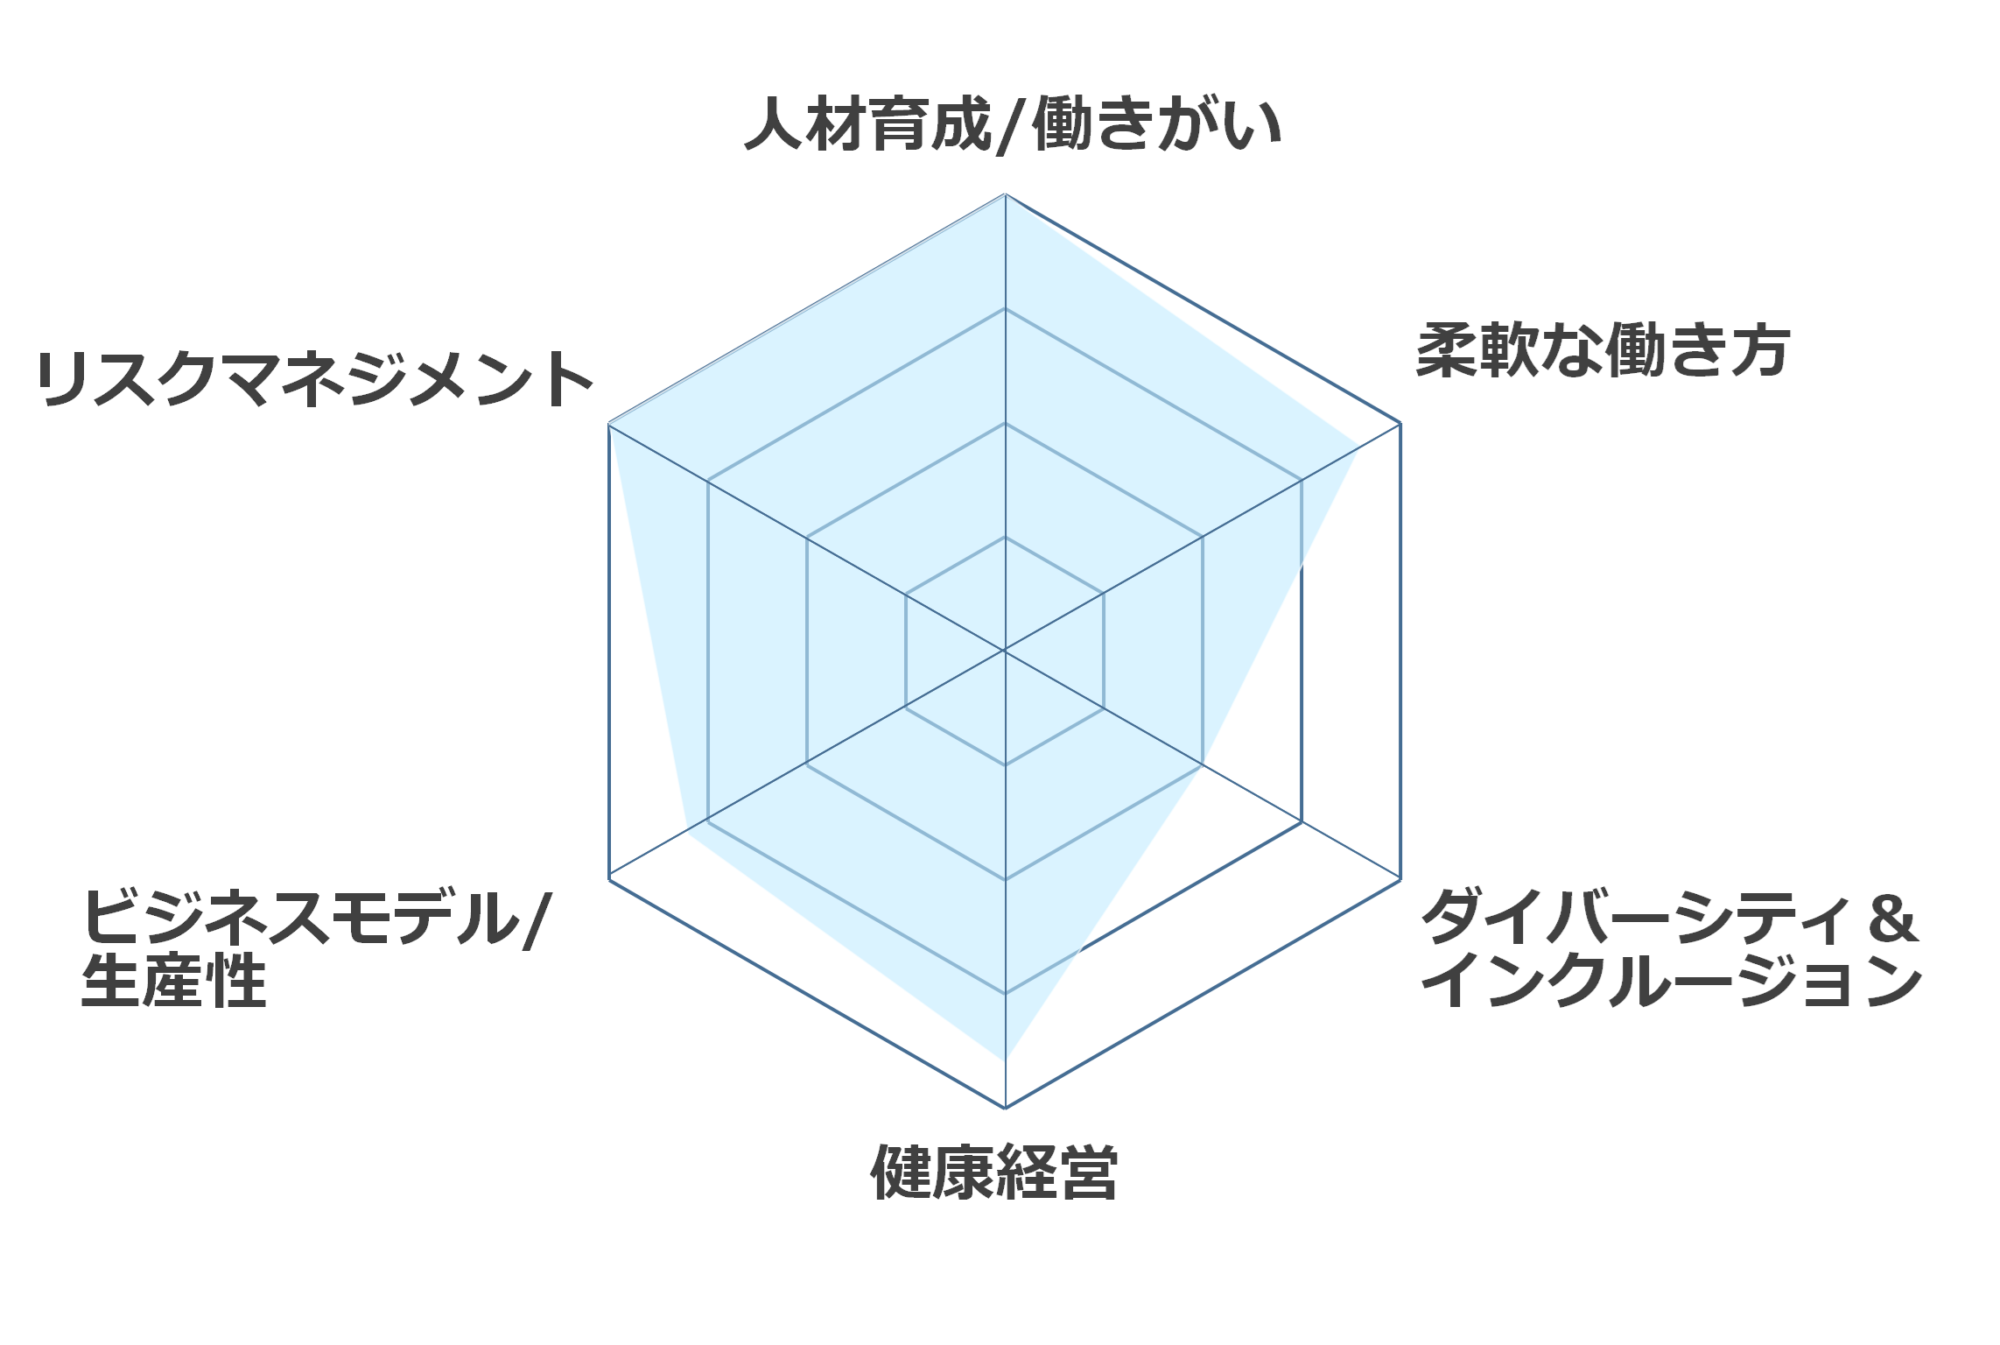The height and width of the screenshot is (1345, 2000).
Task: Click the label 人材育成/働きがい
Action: [1013, 125]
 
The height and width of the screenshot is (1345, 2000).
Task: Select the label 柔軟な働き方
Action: [1603, 351]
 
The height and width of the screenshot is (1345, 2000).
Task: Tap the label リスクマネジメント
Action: [315, 379]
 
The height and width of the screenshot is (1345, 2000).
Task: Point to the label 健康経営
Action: [994, 1172]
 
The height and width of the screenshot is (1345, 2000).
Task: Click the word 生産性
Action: [173, 981]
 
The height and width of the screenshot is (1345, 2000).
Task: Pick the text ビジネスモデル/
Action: [316, 918]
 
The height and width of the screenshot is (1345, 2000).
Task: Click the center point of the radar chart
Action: [1005, 651]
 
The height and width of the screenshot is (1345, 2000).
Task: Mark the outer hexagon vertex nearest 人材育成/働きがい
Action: [1005, 194]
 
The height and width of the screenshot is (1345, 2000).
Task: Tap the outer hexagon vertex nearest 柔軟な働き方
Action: [1400, 423]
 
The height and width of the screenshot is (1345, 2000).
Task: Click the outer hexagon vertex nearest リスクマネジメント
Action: [609, 424]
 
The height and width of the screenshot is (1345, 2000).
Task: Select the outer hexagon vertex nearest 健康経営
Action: [1005, 1108]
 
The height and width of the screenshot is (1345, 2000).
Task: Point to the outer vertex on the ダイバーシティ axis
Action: [1400, 878]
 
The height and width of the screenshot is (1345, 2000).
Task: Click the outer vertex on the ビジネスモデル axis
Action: [609, 878]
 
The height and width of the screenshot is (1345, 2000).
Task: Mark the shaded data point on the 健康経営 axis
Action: [1005, 1061]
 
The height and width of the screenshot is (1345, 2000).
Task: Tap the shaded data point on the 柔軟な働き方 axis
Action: [1358, 448]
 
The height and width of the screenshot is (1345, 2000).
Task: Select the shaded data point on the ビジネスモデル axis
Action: [686, 834]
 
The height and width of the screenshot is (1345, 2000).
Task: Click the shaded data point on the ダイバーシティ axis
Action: [1202, 764]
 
